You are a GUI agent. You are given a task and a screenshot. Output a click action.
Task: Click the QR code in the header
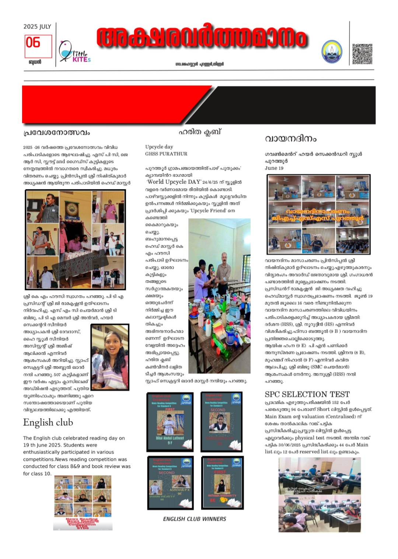coord(362,54)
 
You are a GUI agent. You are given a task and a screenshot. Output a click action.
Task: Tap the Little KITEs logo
coord(75,52)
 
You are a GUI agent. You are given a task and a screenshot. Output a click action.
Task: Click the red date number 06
coord(33,43)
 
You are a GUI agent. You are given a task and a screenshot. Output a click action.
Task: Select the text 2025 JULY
coord(37,27)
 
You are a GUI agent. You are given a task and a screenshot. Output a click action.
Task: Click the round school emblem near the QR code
coord(332,52)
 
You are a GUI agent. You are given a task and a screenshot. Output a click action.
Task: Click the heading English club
coord(48,423)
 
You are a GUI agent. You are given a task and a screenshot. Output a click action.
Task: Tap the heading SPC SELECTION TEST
coord(307,394)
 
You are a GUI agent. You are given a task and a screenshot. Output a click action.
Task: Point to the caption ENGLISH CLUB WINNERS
coord(195,519)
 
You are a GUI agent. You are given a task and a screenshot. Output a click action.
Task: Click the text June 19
coord(274,168)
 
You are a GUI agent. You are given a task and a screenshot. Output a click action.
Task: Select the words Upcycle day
coord(159,147)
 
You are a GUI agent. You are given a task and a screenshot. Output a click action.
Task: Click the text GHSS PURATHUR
coord(166,154)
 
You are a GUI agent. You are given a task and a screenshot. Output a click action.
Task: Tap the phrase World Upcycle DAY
coord(174,182)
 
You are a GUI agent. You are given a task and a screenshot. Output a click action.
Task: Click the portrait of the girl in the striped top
coord(110,357)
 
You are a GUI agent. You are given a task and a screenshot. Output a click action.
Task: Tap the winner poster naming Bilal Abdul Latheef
coord(170,421)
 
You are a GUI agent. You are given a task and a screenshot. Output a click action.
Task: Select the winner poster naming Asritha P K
coord(170,483)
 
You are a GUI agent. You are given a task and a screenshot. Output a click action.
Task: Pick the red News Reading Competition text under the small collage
coord(82,523)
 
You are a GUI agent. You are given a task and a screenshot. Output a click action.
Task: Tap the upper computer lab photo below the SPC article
coord(319,476)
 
